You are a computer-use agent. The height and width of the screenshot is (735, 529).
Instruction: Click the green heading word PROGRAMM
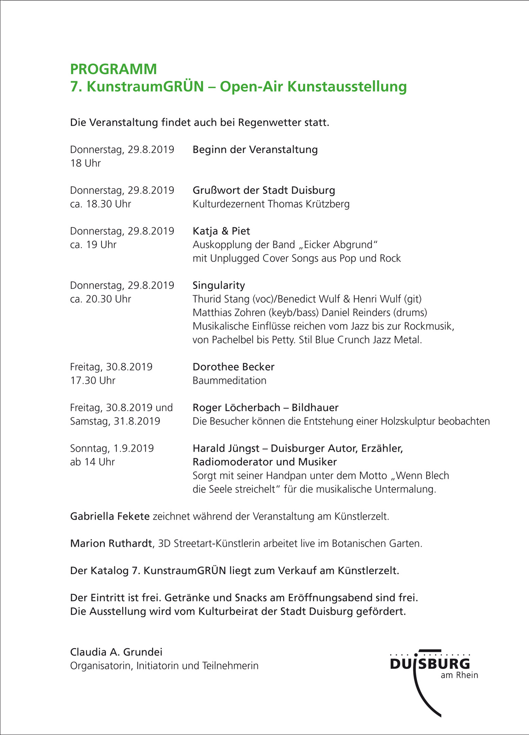pos(114,69)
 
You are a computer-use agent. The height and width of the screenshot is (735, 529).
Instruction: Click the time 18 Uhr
pos(85,163)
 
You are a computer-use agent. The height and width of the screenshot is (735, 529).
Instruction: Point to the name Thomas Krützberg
pos(308,204)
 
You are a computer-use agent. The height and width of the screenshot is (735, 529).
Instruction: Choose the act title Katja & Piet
pos(221,231)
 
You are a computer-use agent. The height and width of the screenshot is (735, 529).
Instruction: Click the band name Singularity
pos(219,285)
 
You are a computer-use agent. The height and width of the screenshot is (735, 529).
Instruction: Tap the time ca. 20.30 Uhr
pos(101,299)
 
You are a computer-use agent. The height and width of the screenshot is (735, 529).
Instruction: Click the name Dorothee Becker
pos(233,367)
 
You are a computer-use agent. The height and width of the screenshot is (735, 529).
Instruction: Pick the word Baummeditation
pos(229,381)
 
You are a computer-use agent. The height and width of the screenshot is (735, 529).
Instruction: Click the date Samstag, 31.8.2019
pos(115,421)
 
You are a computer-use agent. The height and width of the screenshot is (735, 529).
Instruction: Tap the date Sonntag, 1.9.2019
pos(112,448)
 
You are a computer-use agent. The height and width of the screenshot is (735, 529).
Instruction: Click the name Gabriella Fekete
pos(110,516)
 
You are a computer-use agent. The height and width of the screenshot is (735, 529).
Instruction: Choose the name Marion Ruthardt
pos(111,543)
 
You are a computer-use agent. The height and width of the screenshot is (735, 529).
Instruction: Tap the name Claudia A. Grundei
pos(116,652)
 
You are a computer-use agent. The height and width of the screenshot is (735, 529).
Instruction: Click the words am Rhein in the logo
pos(459,675)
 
